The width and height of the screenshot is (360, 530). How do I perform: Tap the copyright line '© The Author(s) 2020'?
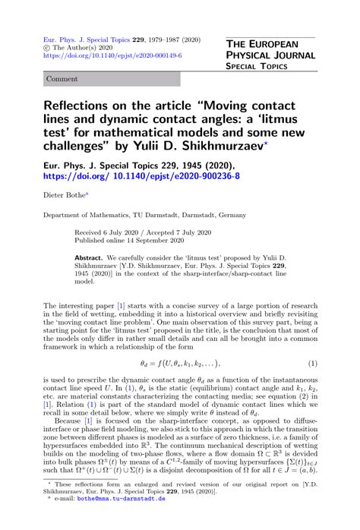tap(84, 46)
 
